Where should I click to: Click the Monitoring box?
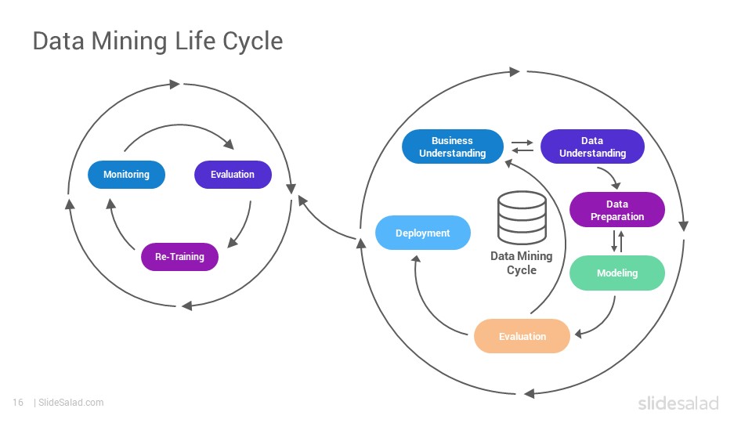126,175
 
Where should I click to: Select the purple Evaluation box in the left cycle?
233,175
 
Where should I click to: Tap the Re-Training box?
179,257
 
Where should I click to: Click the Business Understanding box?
453,146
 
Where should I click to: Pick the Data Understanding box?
592,146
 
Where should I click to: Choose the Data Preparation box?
617,210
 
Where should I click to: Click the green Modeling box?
617,273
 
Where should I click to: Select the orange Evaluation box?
522,336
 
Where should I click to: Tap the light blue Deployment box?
422,233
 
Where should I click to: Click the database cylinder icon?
522,218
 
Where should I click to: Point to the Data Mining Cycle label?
522,263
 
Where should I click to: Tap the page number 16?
18,403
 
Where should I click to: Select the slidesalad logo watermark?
678,403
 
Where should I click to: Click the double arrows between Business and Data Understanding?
522,146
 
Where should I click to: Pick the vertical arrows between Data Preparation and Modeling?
618,241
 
